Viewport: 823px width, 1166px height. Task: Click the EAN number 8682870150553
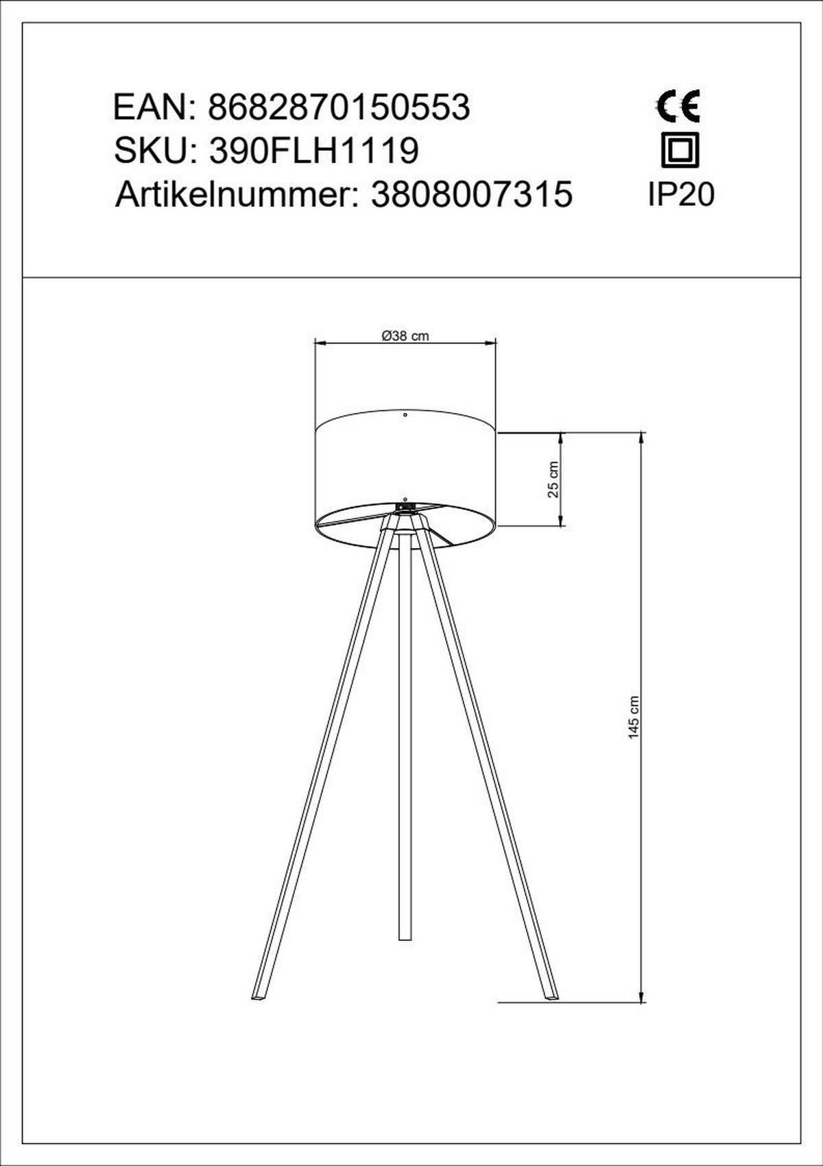coord(339,108)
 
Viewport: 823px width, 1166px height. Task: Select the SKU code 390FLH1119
coord(314,151)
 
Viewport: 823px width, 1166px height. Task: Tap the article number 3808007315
coord(472,195)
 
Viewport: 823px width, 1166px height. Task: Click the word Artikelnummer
coord(232,195)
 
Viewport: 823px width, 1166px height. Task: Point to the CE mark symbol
coord(678,106)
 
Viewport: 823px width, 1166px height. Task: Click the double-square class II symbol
coord(680,150)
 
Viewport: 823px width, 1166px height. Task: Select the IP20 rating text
coord(681,195)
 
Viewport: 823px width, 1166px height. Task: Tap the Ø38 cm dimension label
coord(405,336)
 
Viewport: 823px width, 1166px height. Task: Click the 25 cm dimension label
coord(553,479)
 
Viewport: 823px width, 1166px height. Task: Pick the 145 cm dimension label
coord(633,718)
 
